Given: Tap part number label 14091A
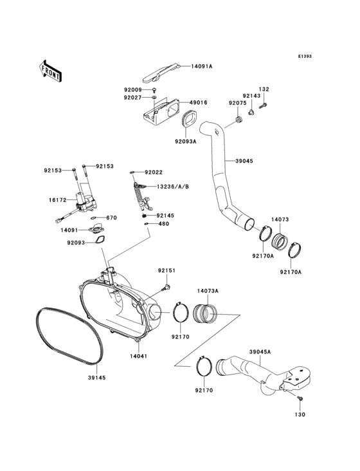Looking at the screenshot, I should pyautogui.click(x=201, y=66).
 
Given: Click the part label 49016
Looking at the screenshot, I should pyautogui.click(x=197, y=102).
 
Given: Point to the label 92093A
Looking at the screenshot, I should pyautogui.click(x=185, y=141).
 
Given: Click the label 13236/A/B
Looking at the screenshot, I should pyautogui.click(x=172, y=186).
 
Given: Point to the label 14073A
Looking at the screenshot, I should pyautogui.click(x=208, y=291).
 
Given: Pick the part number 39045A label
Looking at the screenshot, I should pyautogui.click(x=260, y=352).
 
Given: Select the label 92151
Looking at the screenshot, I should pyautogui.click(x=166, y=271).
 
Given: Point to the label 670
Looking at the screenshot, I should pyautogui.click(x=111, y=217).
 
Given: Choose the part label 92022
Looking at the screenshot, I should pyautogui.click(x=154, y=172).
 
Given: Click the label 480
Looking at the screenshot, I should pyautogui.click(x=163, y=224).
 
